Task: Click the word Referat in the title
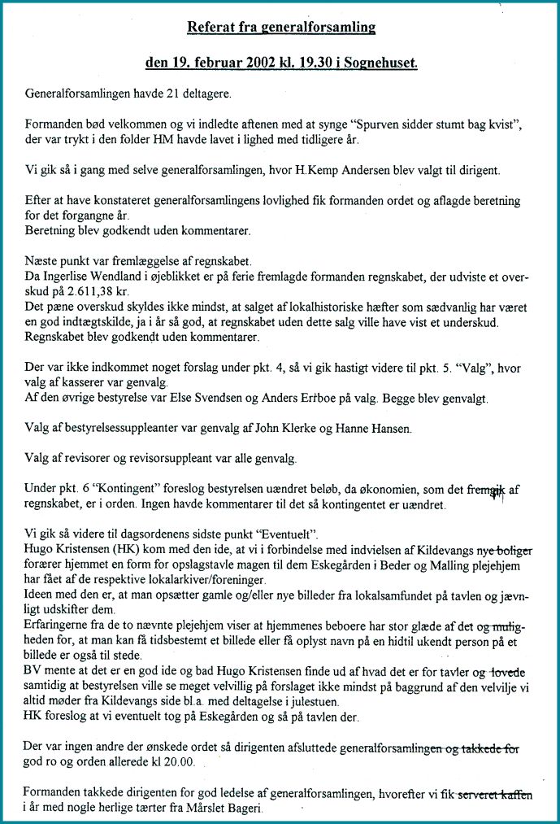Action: pyautogui.click(x=211, y=28)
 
